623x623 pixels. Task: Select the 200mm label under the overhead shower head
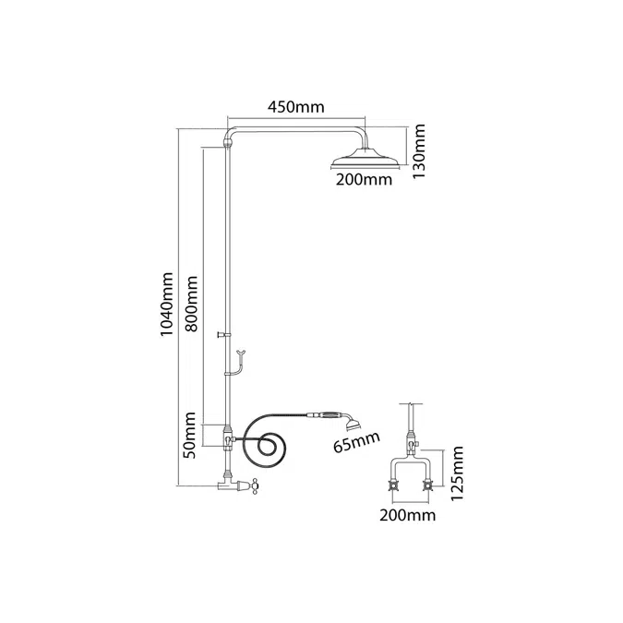point(364,180)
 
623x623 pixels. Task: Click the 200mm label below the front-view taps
point(406,515)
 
